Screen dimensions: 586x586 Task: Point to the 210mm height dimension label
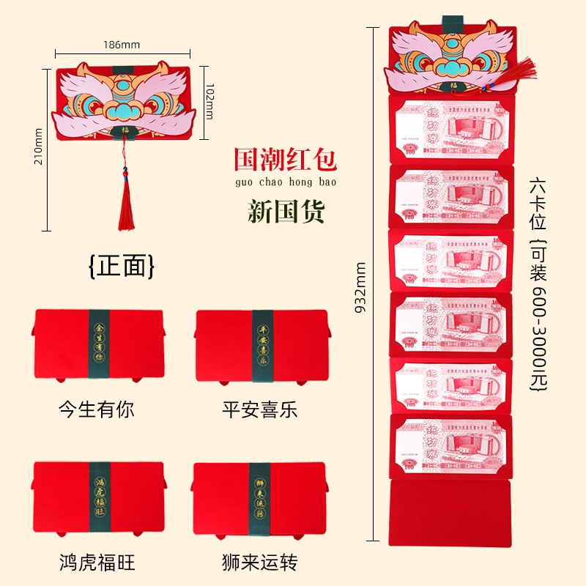click(39, 146)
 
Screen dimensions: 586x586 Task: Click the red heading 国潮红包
click(285, 159)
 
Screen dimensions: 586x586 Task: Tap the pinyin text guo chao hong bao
click(285, 181)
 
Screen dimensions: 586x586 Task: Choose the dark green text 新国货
click(286, 211)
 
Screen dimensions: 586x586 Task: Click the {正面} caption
click(122, 266)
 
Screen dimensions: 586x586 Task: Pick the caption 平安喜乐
click(260, 408)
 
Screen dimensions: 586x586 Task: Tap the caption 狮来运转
click(260, 563)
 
